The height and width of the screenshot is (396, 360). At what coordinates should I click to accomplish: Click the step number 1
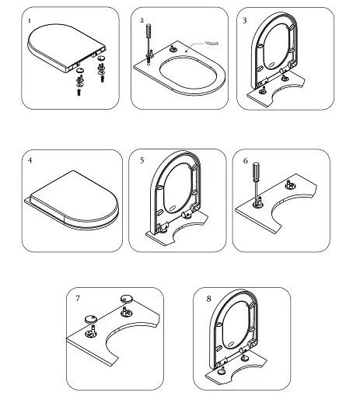tap(30, 20)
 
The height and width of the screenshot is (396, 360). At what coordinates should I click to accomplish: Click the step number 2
tap(142, 20)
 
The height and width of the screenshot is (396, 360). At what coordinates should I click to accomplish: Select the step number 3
tap(245, 20)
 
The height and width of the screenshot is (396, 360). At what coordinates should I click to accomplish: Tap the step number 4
tap(30, 160)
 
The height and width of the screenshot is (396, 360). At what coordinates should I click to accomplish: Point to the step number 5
tap(142, 160)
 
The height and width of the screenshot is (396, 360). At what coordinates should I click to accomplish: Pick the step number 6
tap(245, 161)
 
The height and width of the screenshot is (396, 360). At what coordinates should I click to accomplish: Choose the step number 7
tap(78, 298)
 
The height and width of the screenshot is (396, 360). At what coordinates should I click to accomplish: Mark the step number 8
tap(209, 299)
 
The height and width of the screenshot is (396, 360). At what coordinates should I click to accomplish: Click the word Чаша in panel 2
tap(211, 43)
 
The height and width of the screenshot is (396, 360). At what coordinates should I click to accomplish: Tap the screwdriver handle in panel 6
tap(256, 170)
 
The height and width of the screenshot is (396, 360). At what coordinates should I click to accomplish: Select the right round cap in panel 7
tap(126, 299)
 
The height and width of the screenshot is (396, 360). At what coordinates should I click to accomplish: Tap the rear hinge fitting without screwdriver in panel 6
tap(288, 184)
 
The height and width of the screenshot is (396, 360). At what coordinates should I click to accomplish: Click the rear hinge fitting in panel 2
tap(173, 48)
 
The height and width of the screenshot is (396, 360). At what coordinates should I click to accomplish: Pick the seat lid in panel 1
tap(66, 47)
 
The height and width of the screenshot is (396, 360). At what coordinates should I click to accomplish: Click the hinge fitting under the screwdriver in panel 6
tap(258, 203)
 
